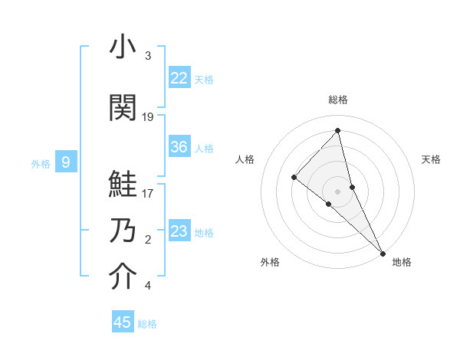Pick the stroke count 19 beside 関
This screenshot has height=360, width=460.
(x=148, y=117)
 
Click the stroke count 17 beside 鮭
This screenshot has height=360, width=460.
(x=148, y=193)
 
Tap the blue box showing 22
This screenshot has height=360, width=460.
(x=179, y=78)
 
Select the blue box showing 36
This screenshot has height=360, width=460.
(x=179, y=147)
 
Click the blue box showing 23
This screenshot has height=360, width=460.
(x=179, y=231)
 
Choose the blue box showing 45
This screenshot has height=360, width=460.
(x=123, y=322)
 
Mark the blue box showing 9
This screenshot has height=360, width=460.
(x=66, y=162)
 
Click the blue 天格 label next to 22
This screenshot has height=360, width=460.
(x=204, y=79)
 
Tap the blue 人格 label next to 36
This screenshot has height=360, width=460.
(x=204, y=148)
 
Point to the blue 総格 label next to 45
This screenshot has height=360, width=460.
(x=147, y=324)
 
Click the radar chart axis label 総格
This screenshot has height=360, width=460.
(x=338, y=100)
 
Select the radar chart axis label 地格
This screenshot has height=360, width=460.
(x=402, y=262)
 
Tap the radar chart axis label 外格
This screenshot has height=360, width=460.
(x=270, y=262)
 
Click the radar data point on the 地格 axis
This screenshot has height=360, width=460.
(x=383, y=252)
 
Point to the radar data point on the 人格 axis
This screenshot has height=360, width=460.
(x=294, y=177)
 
